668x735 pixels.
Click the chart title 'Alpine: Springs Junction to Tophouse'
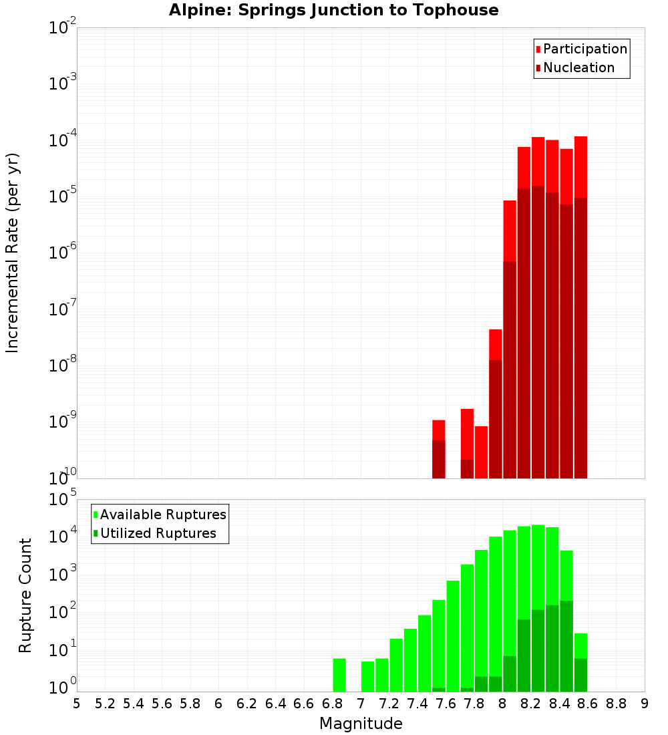tap(333, 10)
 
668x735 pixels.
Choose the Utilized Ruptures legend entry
tap(158, 533)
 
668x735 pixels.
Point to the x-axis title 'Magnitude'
tap(361, 724)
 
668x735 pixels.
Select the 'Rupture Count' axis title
tap(25, 595)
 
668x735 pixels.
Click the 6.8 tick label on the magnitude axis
tap(332, 704)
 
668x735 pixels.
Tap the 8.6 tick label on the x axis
tap(588, 704)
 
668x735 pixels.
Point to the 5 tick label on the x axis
tap(77, 704)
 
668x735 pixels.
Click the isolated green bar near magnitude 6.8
tap(339, 675)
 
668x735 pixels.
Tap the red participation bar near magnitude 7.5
tap(439, 430)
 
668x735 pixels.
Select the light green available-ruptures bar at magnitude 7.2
tap(396, 665)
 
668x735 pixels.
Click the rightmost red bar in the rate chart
tap(580, 167)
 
